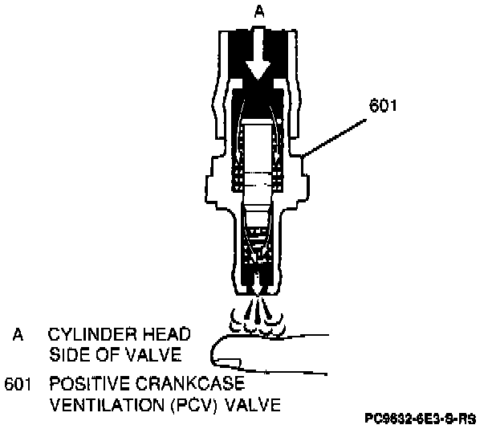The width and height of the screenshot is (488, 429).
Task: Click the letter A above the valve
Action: (258, 12)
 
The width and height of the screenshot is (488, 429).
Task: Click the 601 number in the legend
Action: (17, 385)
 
